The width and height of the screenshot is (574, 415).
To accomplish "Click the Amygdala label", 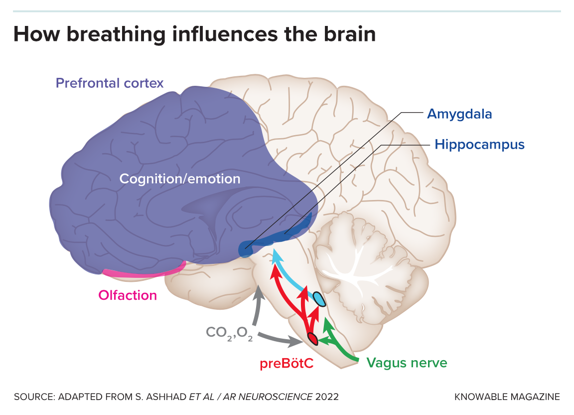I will click(x=459, y=114).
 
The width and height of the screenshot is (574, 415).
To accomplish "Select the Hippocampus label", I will click(x=479, y=145).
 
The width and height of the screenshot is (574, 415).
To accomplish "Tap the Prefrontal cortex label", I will click(x=110, y=83).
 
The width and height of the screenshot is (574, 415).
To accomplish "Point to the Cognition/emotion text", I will click(x=180, y=179).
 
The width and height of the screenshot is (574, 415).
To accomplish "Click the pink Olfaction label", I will click(x=128, y=295).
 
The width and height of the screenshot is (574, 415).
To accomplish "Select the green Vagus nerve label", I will click(x=407, y=363).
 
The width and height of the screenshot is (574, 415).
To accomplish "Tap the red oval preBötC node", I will click(x=312, y=338).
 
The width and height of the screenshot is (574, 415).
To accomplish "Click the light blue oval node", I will click(x=319, y=299).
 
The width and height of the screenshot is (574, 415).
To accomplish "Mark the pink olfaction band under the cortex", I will click(x=144, y=272).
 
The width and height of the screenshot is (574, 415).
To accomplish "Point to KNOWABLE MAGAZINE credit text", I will click(x=507, y=397).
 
